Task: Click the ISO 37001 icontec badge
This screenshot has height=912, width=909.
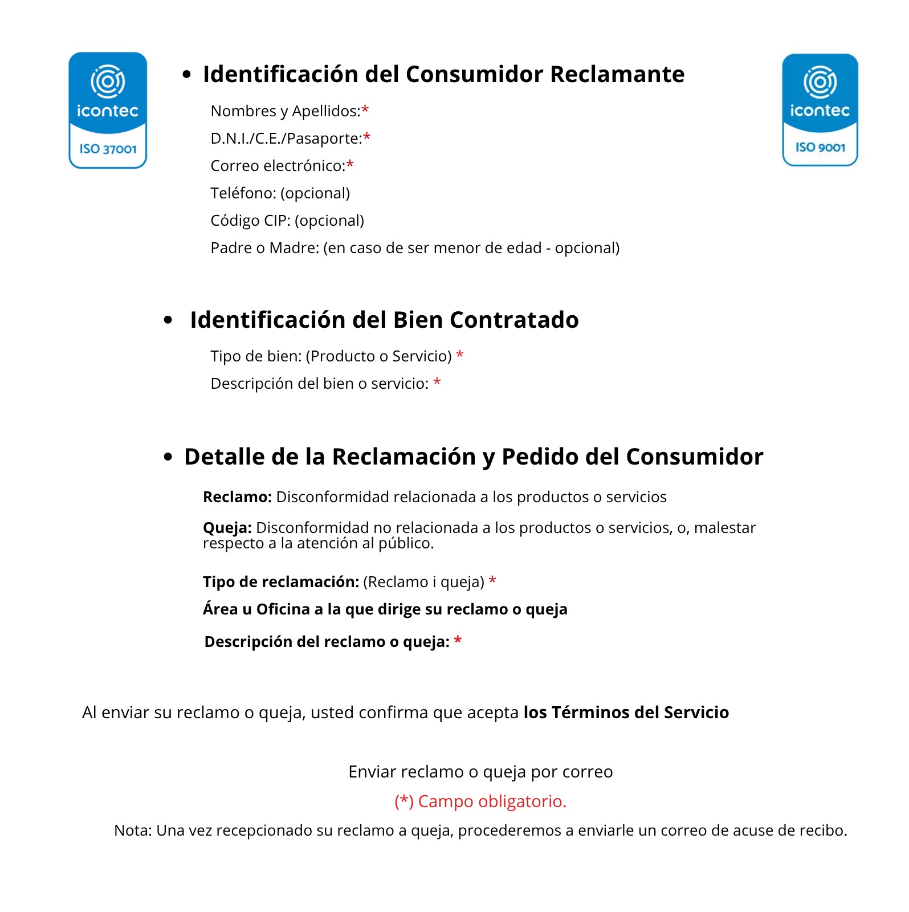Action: (108, 111)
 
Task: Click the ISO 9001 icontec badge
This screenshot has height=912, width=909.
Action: (820, 110)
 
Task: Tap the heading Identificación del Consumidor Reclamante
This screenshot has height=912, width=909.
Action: (443, 74)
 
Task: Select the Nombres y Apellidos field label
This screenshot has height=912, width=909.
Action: (285, 111)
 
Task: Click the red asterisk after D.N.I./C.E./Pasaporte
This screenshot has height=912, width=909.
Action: (367, 137)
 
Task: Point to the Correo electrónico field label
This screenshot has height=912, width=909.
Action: (278, 166)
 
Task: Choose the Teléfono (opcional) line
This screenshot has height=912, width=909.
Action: (280, 193)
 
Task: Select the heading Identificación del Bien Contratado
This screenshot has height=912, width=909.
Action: (384, 320)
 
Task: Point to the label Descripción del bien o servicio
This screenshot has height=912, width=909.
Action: (319, 384)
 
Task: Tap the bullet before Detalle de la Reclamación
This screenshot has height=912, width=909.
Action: (168, 457)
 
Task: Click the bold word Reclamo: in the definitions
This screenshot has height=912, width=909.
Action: (237, 497)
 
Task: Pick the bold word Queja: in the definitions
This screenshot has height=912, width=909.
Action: (227, 528)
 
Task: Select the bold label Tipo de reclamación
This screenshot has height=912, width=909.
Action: (281, 582)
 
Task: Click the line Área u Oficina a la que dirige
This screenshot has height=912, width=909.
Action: (385, 609)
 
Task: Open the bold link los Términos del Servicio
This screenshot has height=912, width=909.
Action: (626, 712)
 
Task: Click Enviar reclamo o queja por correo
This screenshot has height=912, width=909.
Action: (480, 772)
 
